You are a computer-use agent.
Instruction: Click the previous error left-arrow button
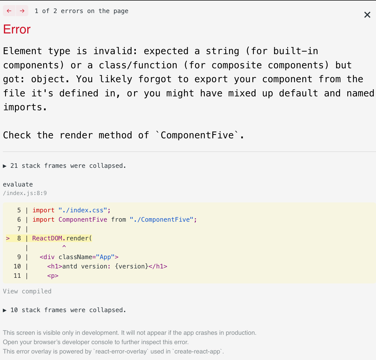click(x=9, y=11)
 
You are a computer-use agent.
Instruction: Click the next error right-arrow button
click(x=22, y=11)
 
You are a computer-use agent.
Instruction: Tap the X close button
click(x=367, y=15)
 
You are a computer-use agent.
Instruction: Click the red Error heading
click(x=17, y=29)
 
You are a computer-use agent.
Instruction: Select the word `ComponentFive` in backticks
click(x=197, y=135)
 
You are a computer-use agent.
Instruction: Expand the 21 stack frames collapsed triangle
click(x=5, y=166)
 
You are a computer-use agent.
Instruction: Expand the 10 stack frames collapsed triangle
click(x=5, y=310)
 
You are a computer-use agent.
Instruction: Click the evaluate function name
click(x=18, y=185)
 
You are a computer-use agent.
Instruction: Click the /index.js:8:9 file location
click(x=25, y=193)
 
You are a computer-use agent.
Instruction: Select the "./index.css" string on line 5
click(x=83, y=210)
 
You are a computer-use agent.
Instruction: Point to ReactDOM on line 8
click(x=47, y=238)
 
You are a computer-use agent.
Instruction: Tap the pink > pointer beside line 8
click(x=8, y=238)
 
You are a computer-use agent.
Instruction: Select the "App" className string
click(x=105, y=257)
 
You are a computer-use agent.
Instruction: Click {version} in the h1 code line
click(x=132, y=266)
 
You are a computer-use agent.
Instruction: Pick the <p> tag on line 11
click(x=53, y=276)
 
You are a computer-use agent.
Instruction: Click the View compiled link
click(x=27, y=291)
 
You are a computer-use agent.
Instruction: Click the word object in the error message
click(x=50, y=79)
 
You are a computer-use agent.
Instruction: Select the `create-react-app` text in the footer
click(x=197, y=351)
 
